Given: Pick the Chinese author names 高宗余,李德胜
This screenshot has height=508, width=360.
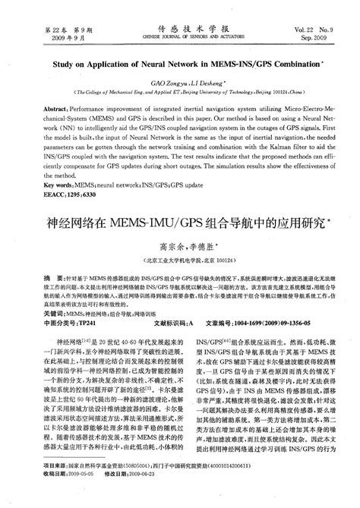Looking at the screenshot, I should tap(178, 246).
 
